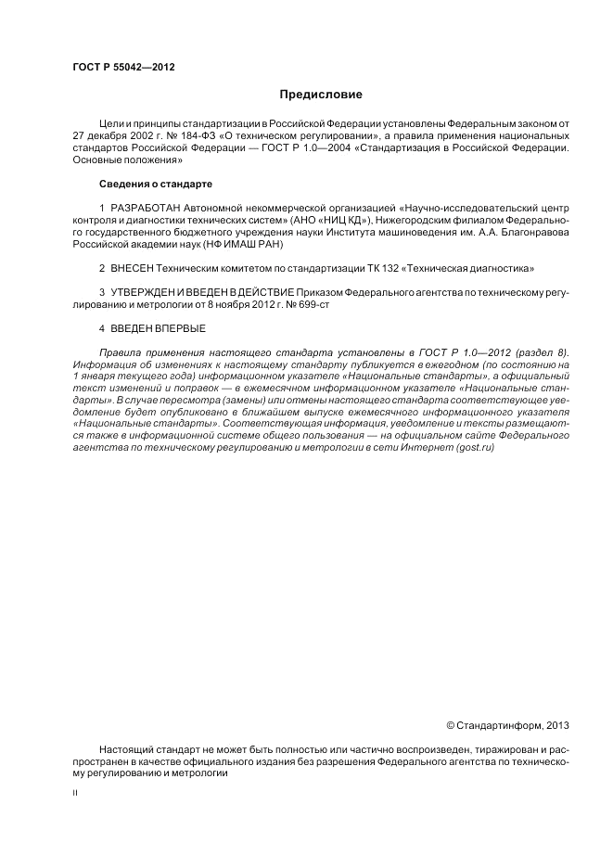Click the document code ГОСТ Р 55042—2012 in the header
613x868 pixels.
coord(123,68)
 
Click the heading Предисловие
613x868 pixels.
coord(321,95)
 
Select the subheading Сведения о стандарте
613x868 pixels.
coord(143,184)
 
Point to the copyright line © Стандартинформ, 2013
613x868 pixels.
coord(508,724)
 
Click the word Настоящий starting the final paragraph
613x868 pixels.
coord(124,748)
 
